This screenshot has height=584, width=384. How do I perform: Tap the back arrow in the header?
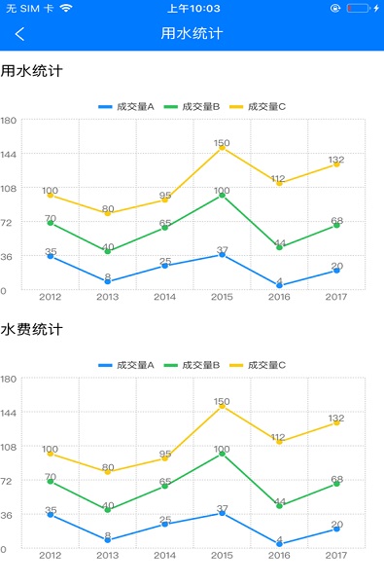click(x=19, y=34)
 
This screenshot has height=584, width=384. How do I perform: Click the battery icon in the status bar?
click(x=359, y=8)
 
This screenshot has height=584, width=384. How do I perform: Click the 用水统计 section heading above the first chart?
click(x=31, y=71)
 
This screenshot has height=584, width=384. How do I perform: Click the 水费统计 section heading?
click(x=31, y=330)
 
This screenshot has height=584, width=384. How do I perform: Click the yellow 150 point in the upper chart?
click(x=222, y=148)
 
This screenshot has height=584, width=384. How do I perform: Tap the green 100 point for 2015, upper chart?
click(x=222, y=195)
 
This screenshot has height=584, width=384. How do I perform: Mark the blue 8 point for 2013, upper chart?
click(x=107, y=282)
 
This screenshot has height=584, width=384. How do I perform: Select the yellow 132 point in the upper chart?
click(x=336, y=164)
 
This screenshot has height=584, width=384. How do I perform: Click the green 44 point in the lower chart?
click(x=279, y=506)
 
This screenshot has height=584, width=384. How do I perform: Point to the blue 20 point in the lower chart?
click(x=336, y=529)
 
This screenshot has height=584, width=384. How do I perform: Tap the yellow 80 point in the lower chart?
click(x=107, y=472)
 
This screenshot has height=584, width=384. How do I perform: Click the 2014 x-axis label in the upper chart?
click(x=164, y=297)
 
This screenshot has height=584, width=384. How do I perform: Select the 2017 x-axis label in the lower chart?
click(x=336, y=556)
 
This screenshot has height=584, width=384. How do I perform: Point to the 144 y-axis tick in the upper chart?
click(x=9, y=154)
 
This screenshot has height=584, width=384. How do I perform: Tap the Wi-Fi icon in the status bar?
click(x=66, y=8)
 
